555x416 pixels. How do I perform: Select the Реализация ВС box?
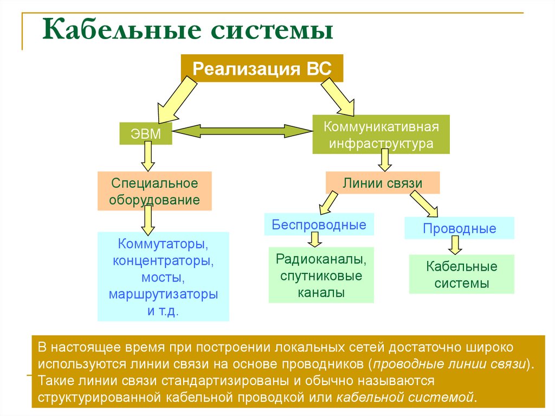click(262, 68)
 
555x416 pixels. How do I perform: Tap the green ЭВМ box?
click(146, 134)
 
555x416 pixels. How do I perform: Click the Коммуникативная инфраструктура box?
click(380, 135)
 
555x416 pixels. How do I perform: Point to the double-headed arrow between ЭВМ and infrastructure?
click(243, 131)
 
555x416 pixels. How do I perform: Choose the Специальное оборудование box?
click(154, 191)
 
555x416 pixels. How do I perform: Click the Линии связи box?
click(382, 183)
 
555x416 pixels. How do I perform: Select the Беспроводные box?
click(319, 225)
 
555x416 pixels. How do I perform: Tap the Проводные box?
click(459, 228)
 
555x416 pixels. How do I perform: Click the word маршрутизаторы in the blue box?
click(163, 295)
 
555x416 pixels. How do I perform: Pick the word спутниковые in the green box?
click(321, 276)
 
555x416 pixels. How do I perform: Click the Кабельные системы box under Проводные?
click(461, 274)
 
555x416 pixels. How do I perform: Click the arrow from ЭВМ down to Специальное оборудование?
click(146, 158)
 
